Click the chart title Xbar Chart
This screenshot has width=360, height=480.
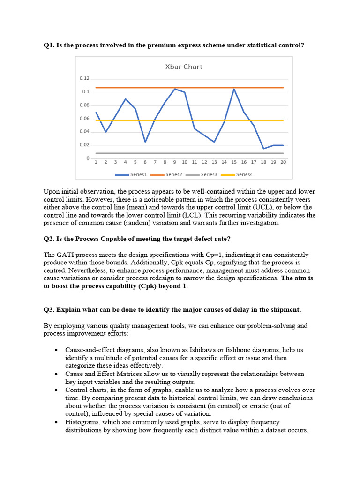click(184, 67)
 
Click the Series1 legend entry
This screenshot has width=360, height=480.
click(136, 175)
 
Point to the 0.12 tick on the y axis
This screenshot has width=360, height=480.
click(84, 78)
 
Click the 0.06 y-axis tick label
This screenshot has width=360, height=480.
click(84, 118)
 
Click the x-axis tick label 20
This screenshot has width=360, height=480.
click(283, 162)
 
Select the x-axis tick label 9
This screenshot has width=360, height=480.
click(174, 162)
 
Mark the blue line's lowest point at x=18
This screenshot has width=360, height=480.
click(263, 149)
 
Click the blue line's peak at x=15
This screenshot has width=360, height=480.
click(234, 89)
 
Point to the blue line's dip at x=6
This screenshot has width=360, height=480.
click(145, 142)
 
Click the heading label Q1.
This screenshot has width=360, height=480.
click(49, 45)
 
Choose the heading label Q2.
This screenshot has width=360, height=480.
click(49, 239)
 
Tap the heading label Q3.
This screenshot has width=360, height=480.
click(49, 309)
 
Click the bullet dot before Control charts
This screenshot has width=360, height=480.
click(56, 390)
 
